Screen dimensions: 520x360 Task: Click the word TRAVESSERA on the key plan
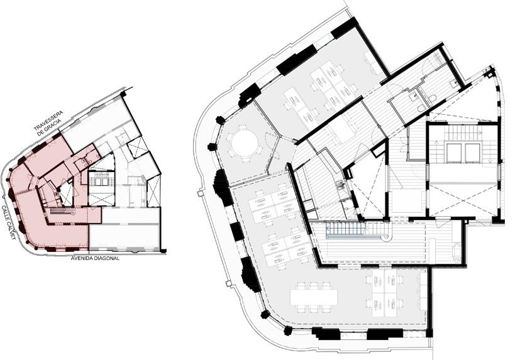[48, 121]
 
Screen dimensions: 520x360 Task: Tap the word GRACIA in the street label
[52, 128]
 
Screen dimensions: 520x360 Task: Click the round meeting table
[245, 143]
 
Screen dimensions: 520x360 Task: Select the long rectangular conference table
[314, 297]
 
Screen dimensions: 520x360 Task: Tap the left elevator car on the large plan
[454, 153]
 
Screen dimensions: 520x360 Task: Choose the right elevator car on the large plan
[473, 153]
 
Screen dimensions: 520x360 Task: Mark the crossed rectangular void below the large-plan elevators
[463, 200]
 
